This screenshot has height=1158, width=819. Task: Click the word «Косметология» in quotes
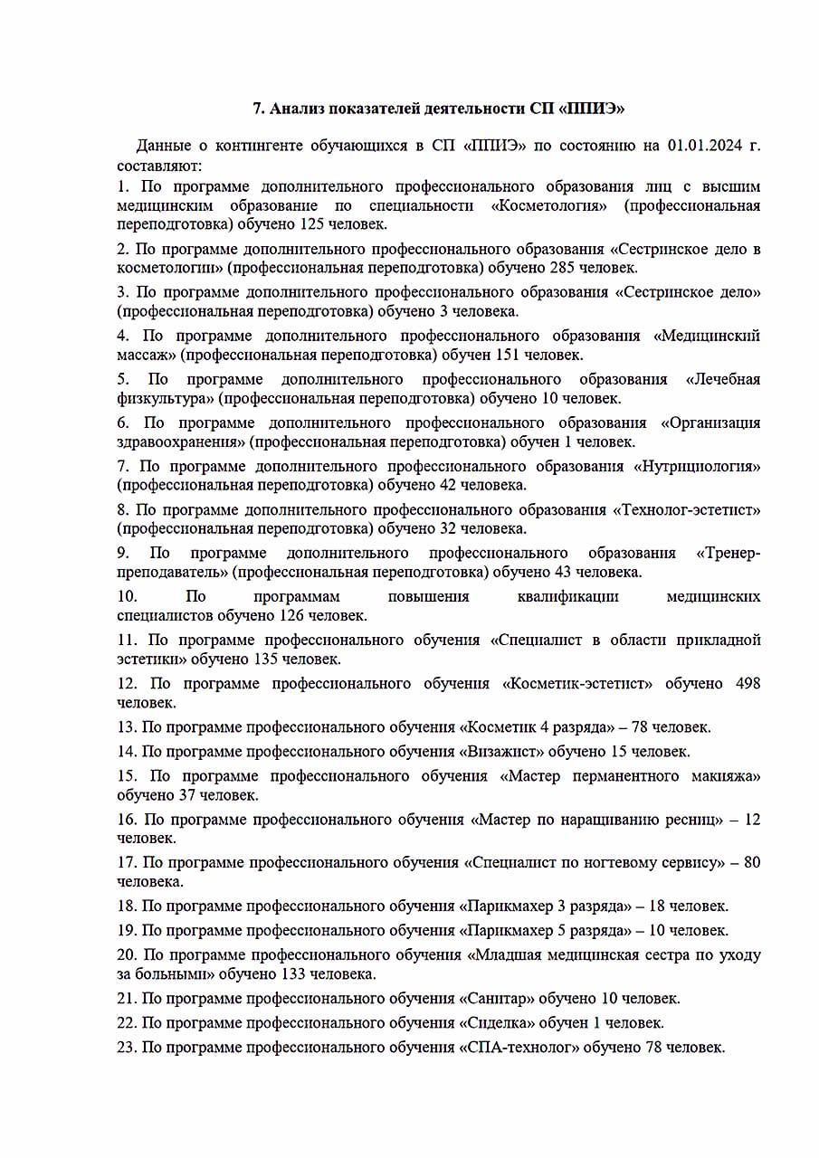(x=548, y=205)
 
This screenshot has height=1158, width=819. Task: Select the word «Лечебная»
(x=723, y=379)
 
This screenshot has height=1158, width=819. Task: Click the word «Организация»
(x=710, y=422)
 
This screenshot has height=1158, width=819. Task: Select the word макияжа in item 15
(x=725, y=776)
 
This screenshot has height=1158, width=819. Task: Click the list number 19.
(x=126, y=930)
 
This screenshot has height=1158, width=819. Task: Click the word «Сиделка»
(x=498, y=1023)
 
